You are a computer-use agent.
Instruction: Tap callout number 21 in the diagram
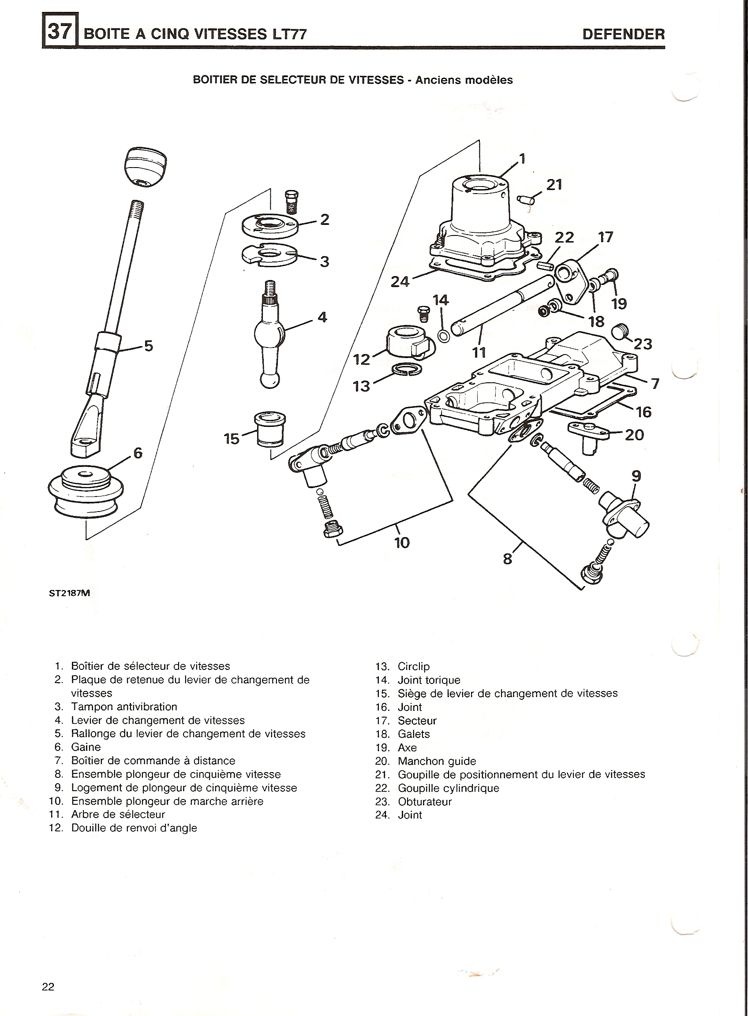[554, 185]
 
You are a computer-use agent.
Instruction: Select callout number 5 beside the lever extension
[149, 346]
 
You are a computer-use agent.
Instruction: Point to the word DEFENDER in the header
[624, 34]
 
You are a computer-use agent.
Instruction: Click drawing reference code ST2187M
[70, 593]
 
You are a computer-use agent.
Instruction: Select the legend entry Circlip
[414, 666]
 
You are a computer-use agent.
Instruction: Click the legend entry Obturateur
[425, 802]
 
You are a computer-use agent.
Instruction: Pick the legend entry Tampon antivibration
[124, 707]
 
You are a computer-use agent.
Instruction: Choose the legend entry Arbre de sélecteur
[118, 814]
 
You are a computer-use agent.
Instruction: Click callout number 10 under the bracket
[402, 542]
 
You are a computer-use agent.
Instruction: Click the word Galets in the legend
[414, 734]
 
